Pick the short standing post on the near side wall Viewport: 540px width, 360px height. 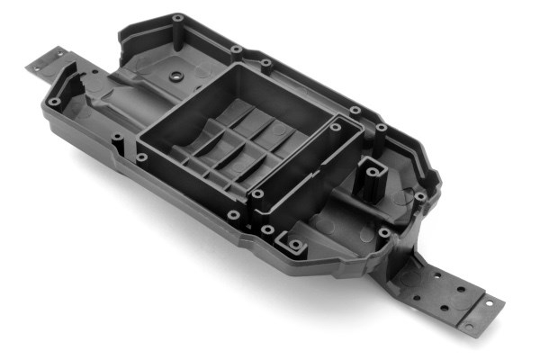pyautogui.click(x=115, y=141)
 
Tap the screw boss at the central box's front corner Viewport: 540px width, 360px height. pyautogui.click(x=257, y=193)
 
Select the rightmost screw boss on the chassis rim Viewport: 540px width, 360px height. pyautogui.click(x=419, y=195)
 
